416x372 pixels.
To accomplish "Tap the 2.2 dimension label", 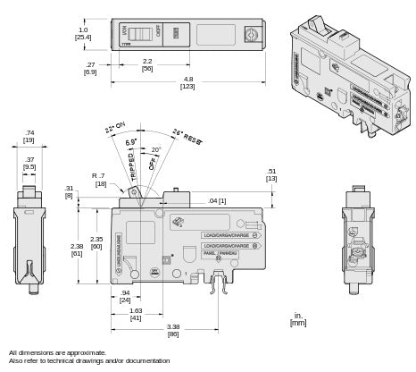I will [147, 59].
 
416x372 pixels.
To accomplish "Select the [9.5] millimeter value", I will [29, 166].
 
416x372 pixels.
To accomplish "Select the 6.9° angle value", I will [133, 144].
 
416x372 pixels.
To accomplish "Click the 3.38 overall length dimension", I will [171, 327].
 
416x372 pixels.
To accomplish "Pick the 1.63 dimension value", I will [135, 309].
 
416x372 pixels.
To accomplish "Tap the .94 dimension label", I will [124, 292].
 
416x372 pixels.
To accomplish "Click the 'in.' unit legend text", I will [295, 315].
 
